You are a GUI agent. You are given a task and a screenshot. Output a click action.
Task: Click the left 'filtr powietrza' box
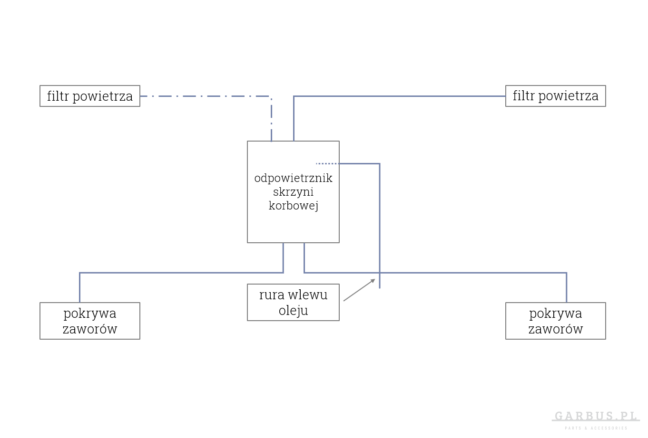click(89, 96)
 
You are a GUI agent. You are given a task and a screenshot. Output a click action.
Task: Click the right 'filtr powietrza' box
click(555, 96)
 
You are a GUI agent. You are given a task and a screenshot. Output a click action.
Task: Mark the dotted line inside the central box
click(327, 163)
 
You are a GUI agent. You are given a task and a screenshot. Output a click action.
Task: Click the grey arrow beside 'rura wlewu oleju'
click(359, 290)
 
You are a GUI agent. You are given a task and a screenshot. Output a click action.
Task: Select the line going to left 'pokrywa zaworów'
click(181, 273)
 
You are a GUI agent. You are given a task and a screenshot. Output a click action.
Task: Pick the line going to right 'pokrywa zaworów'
click(476, 273)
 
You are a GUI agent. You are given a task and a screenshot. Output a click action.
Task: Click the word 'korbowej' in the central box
click(293, 206)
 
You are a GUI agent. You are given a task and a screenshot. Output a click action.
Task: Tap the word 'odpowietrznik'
click(293, 179)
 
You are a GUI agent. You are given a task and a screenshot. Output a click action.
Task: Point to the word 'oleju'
click(293, 311)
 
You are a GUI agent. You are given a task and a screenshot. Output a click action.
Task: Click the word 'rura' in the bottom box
click(269, 295)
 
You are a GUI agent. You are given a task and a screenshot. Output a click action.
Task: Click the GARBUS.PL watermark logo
click(596, 417)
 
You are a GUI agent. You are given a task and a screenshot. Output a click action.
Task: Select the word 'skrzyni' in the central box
click(293, 192)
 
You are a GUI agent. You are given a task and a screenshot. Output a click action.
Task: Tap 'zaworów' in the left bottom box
click(89, 329)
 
